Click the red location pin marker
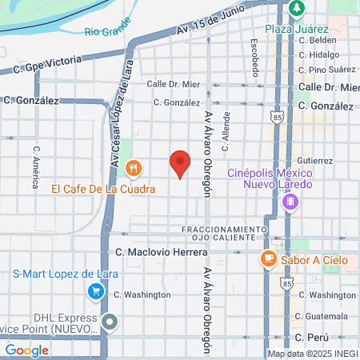pos(180,163)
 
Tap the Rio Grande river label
pos(106,33)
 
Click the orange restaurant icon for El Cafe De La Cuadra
pos(134,170)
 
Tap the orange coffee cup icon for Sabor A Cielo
pos(267,258)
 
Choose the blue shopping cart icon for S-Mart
pos(96,290)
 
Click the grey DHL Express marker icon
pos(110,322)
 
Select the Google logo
pos(26,350)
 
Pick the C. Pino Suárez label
pos(324,69)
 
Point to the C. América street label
pos(36,166)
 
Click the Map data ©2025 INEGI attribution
pos(312,353)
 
